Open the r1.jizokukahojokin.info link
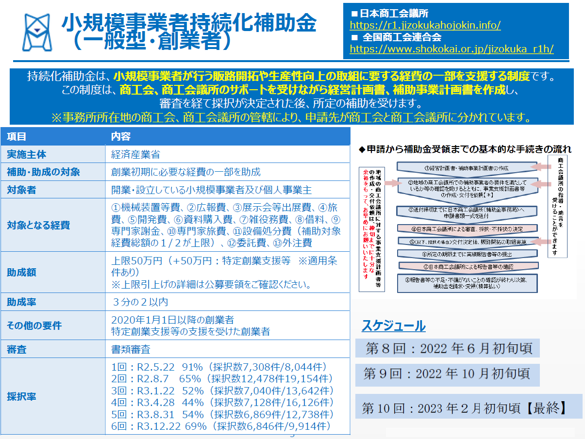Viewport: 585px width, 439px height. (425, 25)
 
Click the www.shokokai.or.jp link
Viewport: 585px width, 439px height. (451, 49)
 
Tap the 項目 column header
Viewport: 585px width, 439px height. (17, 137)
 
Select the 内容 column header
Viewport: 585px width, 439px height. (121, 137)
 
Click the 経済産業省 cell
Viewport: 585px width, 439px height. (135, 155)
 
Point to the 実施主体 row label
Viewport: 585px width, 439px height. (27, 155)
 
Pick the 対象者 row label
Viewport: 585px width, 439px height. (21, 190)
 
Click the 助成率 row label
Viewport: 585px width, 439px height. (21, 302)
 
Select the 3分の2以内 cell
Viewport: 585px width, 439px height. (140, 302)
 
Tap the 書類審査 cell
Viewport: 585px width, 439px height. (131, 349)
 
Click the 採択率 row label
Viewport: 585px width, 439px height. (21, 397)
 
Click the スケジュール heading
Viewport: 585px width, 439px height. (393, 326)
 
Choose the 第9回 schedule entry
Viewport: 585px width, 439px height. (447, 374)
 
